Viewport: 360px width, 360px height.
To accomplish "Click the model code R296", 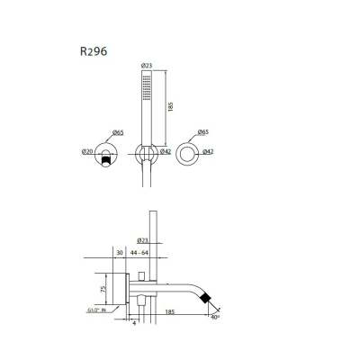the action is pyautogui.click(x=94, y=51).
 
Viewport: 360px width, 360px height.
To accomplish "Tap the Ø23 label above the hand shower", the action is pyautogui.click(x=147, y=66).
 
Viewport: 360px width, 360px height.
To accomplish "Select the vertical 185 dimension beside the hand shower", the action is pyautogui.click(x=171, y=107).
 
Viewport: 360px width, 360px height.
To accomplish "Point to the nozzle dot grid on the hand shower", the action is pyautogui.click(x=147, y=87).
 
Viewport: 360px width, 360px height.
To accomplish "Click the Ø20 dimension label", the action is pyautogui.click(x=87, y=152).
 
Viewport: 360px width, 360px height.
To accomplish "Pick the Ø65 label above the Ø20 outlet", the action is pyautogui.click(x=118, y=132).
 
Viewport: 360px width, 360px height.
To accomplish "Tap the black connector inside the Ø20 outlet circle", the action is pyautogui.click(x=106, y=162).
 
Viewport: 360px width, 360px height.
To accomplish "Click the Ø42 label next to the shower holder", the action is pyautogui.click(x=166, y=152).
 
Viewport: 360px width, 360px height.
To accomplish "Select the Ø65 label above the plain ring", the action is pyautogui.click(x=203, y=132).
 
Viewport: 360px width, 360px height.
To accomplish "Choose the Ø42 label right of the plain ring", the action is pyautogui.click(x=208, y=152).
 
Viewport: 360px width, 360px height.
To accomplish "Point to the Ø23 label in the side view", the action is pyautogui.click(x=142, y=240).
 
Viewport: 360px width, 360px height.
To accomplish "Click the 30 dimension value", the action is pyautogui.click(x=120, y=253).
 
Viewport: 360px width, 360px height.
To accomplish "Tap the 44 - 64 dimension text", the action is pyautogui.click(x=139, y=253).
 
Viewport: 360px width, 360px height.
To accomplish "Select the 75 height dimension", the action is pyautogui.click(x=103, y=289).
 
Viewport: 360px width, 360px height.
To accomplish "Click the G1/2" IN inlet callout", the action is pyautogui.click(x=95, y=310).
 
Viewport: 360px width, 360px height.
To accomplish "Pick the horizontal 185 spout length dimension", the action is pyautogui.click(x=170, y=312).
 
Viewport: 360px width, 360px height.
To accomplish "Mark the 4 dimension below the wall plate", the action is pyautogui.click(x=134, y=323).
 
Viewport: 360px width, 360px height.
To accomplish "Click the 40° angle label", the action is pyautogui.click(x=215, y=317).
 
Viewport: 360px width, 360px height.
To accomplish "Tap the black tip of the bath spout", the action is pyautogui.click(x=205, y=297).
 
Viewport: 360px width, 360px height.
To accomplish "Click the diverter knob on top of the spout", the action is pyautogui.click(x=141, y=276).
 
